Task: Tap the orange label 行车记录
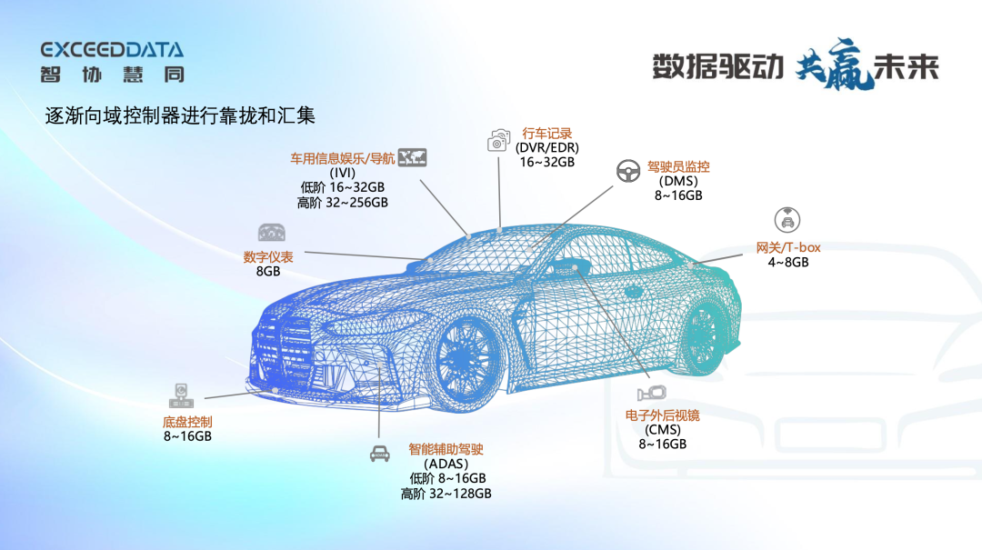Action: click(546, 134)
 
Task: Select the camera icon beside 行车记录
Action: click(498, 140)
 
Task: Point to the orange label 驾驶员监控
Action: click(678, 167)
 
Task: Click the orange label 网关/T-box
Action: click(788, 248)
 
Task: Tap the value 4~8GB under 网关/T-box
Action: click(788, 263)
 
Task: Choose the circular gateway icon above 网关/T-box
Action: click(787, 219)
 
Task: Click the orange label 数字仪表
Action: click(268, 257)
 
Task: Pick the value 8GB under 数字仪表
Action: click(268, 272)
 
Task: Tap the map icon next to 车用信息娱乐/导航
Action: click(413, 157)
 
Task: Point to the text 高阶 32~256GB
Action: click(343, 203)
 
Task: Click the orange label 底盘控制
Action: click(187, 422)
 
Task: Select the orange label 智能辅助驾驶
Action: click(446, 449)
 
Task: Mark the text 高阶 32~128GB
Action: click(446, 494)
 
